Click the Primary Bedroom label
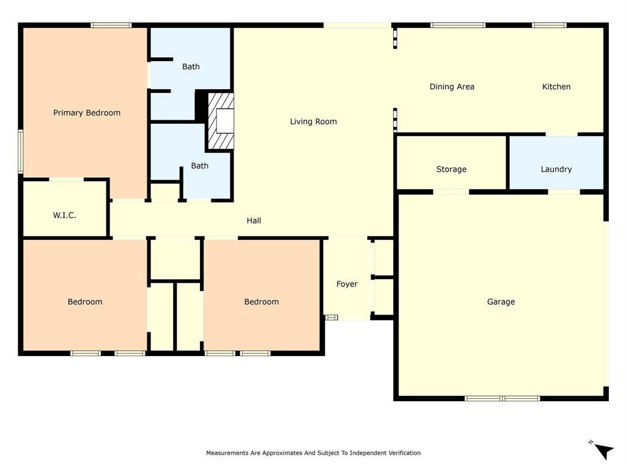pyautogui.click(x=87, y=113)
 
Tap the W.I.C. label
pyautogui.click(x=64, y=216)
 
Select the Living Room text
pyautogui.click(x=313, y=122)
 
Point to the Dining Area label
pyautogui.click(x=452, y=87)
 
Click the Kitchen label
pyautogui.click(x=556, y=87)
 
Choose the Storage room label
pyautogui.click(x=451, y=169)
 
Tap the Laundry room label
pyautogui.click(x=556, y=169)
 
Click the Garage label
pyautogui.click(x=501, y=302)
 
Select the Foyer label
pyautogui.click(x=347, y=284)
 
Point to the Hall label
pyautogui.click(x=254, y=220)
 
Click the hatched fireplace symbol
pyautogui.click(x=221, y=121)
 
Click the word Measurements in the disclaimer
pyautogui.click(x=227, y=453)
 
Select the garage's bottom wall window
pyautogui.click(x=502, y=398)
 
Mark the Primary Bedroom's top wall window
pyautogui.click(x=111, y=25)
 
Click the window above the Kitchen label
pyautogui.click(x=548, y=25)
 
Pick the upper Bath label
pyautogui.click(x=191, y=67)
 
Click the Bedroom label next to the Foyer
pyautogui.click(x=261, y=302)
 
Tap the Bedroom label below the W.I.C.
pyautogui.click(x=85, y=302)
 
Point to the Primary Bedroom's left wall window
pyautogui.click(x=21, y=151)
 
